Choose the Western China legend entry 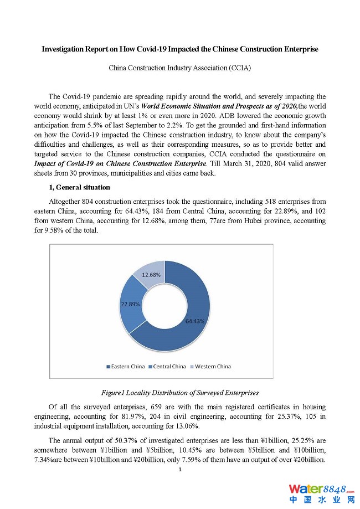point(210,367)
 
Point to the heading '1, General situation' point(80,188)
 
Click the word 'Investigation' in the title point(63,49)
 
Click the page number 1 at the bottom point(180,470)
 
